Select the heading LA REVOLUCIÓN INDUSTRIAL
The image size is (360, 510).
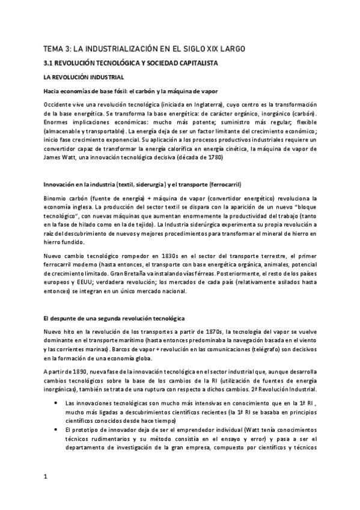click(84, 78)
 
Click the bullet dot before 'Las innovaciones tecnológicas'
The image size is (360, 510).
click(56, 402)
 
